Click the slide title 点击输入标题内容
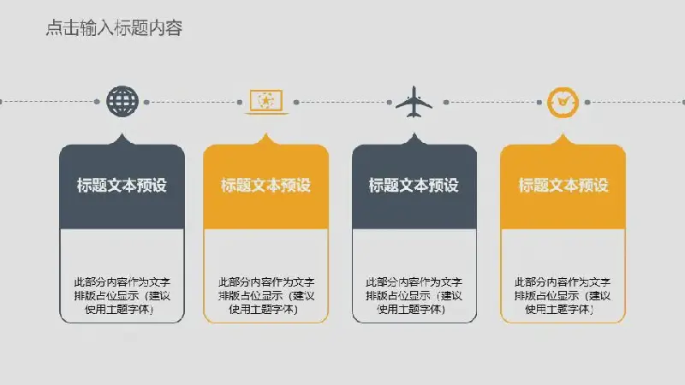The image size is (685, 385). pyautogui.click(x=114, y=28)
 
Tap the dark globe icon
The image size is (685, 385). pyautogui.click(x=122, y=101)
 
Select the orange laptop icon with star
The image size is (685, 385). pyautogui.click(x=266, y=102)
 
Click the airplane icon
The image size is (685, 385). pyautogui.click(x=414, y=102)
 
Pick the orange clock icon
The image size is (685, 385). pyautogui.click(x=563, y=103)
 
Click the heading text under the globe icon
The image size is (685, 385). pyautogui.click(x=122, y=185)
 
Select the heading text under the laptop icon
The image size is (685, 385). pyautogui.click(x=265, y=185)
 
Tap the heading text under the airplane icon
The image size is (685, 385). pyautogui.click(x=414, y=185)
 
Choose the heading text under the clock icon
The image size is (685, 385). pyautogui.click(x=563, y=185)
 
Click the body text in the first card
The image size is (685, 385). pyautogui.click(x=122, y=295)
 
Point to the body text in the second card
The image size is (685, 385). pyautogui.click(x=266, y=295)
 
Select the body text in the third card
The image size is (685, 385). pyautogui.click(x=414, y=295)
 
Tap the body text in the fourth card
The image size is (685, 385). pyautogui.click(x=563, y=295)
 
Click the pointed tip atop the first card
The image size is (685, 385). pyautogui.click(x=122, y=133)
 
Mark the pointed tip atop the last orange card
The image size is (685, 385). pyautogui.click(x=563, y=133)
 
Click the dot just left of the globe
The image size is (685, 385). pyautogui.click(x=97, y=102)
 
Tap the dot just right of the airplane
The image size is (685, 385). pyautogui.click(x=446, y=102)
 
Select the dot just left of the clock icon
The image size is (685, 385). pyautogui.click(x=539, y=102)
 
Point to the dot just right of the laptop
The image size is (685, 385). pyautogui.click(x=296, y=102)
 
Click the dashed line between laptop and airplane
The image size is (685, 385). pyautogui.click(x=343, y=102)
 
